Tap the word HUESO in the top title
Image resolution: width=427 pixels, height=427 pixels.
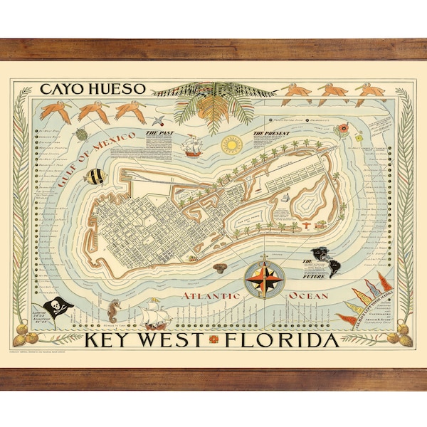[x=117, y=90]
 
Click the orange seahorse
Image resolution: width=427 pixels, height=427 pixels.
[x=115, y=312]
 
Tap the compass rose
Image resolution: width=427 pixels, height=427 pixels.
[x=265, y=278]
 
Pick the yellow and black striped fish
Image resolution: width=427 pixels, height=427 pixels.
[x=95, y=176]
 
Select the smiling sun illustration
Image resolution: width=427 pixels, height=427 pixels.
[x=232, y=145]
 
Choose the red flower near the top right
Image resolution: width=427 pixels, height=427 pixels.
[x=343, y=129]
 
